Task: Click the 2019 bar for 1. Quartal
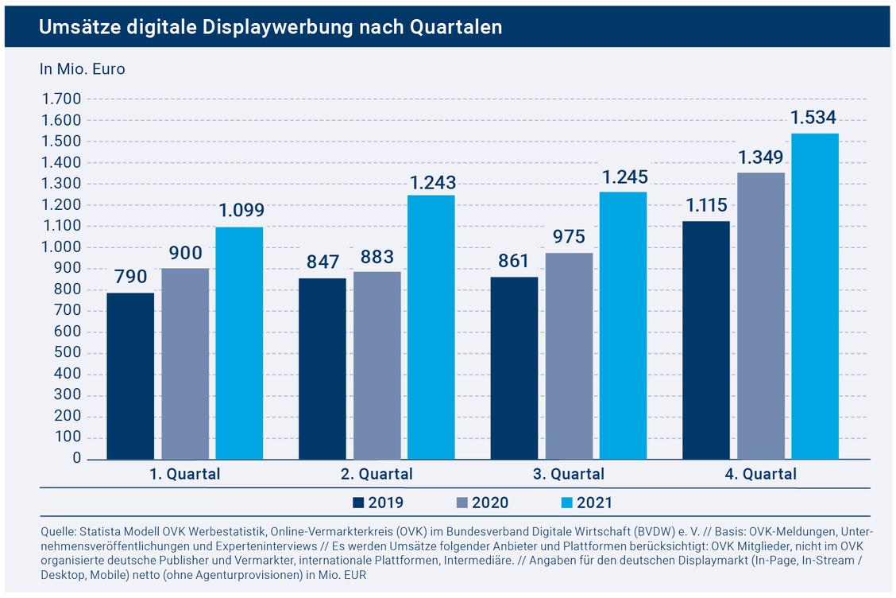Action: pos(130,376)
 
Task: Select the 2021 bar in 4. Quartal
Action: pos(815,297)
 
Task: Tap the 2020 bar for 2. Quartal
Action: pos(377,365)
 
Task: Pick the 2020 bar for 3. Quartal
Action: pos(570,356)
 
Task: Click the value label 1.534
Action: pos(813,118)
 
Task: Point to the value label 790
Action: pos(131,277)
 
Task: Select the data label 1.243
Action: pos(433,183)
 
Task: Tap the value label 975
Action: pos(570,236)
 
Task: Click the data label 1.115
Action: pos(706,205)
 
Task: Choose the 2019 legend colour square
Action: pos(358,503)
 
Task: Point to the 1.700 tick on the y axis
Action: pos(62,99)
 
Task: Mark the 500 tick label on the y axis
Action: pos(68,352)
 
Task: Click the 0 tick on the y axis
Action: pos(76,458)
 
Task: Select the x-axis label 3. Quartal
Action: pos(569,475)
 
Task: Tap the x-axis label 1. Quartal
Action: pos(184,475)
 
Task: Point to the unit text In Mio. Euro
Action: pos(83,69)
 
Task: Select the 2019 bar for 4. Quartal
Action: pos(706,340)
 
